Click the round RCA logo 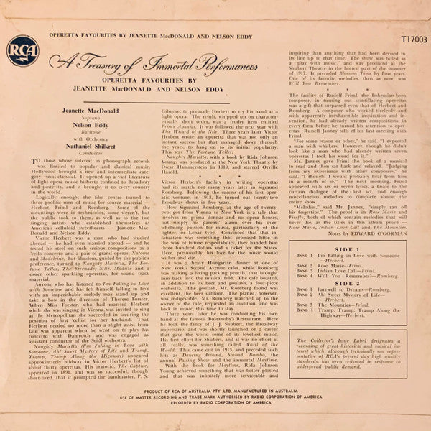[22, 50]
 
